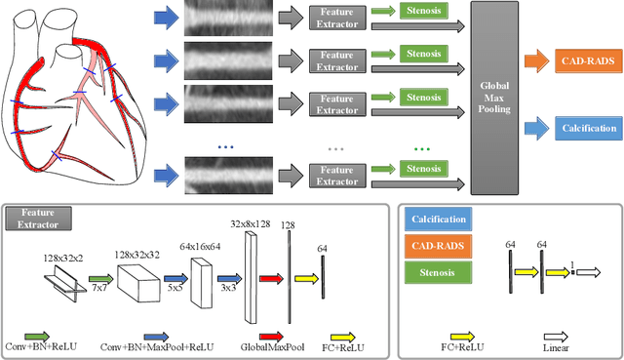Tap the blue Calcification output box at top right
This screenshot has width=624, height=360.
click(588, 128)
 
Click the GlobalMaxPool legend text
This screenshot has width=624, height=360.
click(269, 346)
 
